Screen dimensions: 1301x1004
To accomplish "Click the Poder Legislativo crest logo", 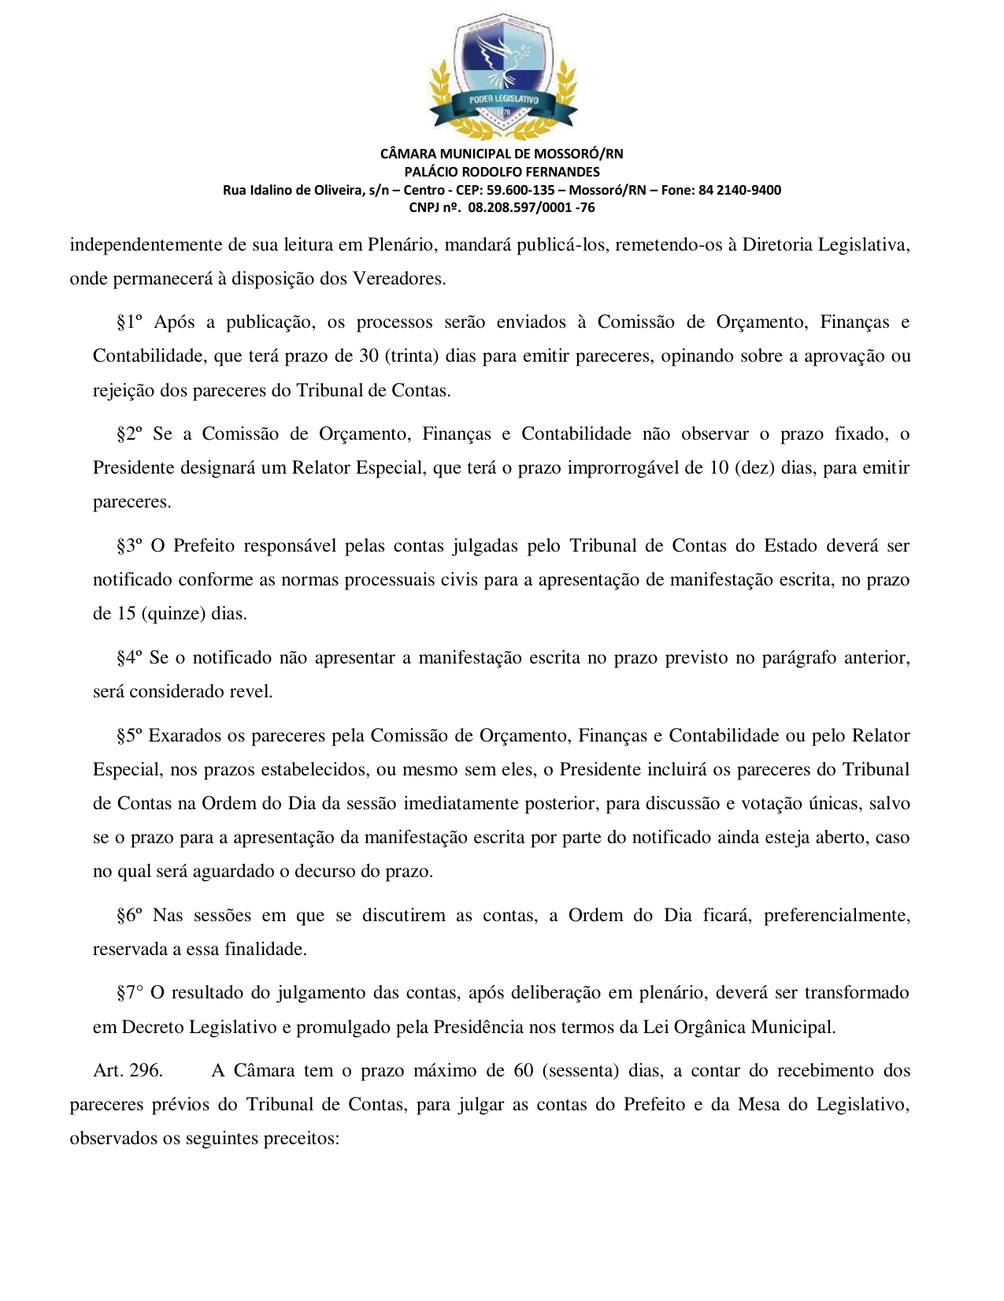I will pyautogui.click(x=502, y=76).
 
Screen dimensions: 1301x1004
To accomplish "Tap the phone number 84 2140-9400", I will pyautogui.click(x=739, y=190).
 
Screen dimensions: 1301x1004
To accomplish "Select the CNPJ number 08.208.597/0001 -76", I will pyautogui.click(x=532, y=208).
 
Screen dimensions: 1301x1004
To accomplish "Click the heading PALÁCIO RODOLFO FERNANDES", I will pyautogui.click(x=502, y=172).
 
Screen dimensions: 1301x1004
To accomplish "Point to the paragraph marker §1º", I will pyautogui.click(x=129, y=322).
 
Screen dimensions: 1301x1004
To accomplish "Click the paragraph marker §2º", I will pyautogui.click(x=129, y=434).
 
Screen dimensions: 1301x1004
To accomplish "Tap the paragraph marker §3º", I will pyautogui.click(x=129, y=546).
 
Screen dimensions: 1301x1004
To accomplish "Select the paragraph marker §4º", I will pyautogui.click(x=129, y=658).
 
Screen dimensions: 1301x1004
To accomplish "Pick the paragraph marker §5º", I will pyautogui.click(x=129, y=736).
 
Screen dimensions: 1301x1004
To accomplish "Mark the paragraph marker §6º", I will pyautogui.click(x=129, y=916).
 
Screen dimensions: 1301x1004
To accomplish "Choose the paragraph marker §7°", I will pyautogui.click(x=129, y=993).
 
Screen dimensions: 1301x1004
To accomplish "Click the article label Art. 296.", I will pyautogui.click(x=128, y=1071).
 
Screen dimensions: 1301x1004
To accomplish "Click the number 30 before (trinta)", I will pyautogui.click(x=369, y=356).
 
